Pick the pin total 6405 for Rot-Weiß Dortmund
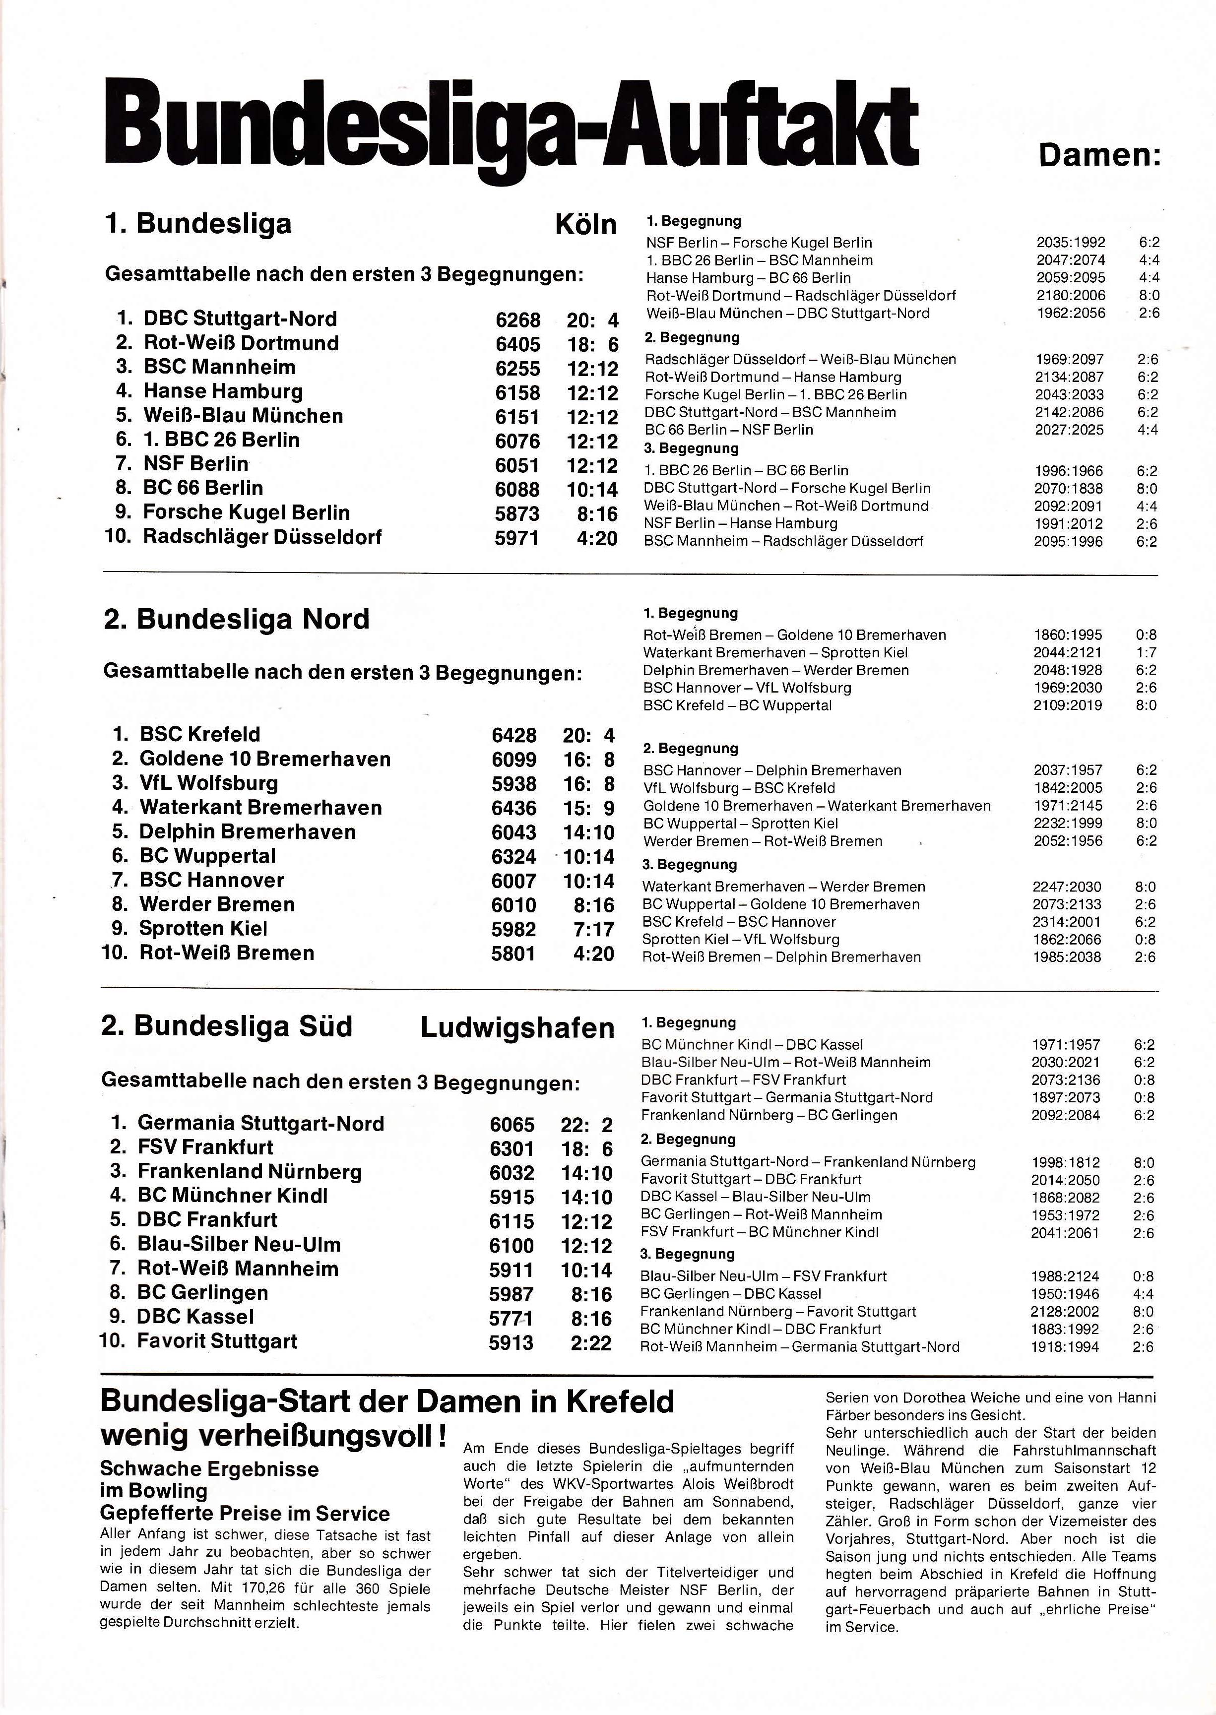[x=517, y=344]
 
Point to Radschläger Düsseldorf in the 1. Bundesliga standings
[x=262, y=537]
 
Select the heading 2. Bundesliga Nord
[x=237, y=619]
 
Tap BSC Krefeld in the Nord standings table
[x=200, y=734]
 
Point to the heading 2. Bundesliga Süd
[x=226, y=1026]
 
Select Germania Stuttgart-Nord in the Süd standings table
[x=260, y=1124]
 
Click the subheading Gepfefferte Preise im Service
[x=245, y=1513]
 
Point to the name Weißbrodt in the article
[x=750, y=1484]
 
